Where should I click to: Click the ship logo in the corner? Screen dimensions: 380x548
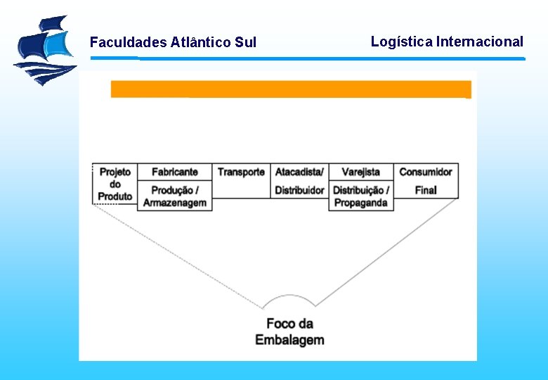click(45, 50)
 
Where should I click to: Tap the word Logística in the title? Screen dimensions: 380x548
click(401, 42)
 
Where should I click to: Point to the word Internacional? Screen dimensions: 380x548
click(480, 42)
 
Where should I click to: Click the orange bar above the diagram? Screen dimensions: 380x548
click(291, 89)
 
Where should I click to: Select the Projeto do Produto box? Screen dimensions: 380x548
click(115, 184)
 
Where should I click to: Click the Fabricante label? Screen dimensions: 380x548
click(175, 172)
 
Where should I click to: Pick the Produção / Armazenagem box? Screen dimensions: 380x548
click(175, 196)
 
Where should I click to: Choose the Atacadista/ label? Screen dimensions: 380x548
click(299, 172)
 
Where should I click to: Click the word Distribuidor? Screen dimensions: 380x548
click(299, 190)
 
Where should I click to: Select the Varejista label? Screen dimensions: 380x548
click(361, 172)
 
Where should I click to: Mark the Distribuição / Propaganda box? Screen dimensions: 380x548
click(361, 196)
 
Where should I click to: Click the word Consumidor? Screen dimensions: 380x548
click(426, 172)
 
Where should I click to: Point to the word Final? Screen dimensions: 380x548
click(426, 190)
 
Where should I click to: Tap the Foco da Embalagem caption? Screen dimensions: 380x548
click(289, 332)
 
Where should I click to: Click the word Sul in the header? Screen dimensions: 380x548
click(246, 42)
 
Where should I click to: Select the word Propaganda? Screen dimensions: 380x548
click(361, 203)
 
